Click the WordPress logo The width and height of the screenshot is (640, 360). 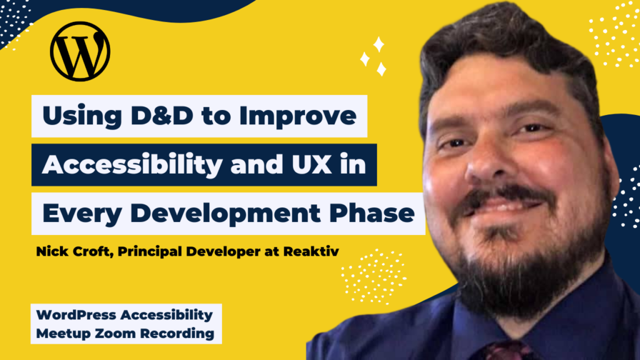pyautogui.click(x=80, y=51)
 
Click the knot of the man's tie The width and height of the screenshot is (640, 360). pyautogui.click(x=500, y=351)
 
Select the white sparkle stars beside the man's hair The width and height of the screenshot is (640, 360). pyautogui.click(x=374, y=56)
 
